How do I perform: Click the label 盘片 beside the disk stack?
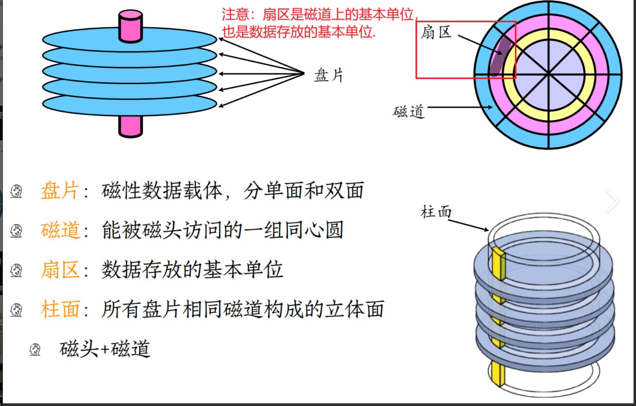tap(328, 75)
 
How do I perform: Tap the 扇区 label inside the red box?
tap(436, 32)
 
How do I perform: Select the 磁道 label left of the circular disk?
tap(408, 111)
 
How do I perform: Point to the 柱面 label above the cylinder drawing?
tap(436, 212)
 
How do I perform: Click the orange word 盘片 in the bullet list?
tap(60, 191)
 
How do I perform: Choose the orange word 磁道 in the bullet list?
tap(60, 230)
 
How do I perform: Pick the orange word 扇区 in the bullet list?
tap(60, 270)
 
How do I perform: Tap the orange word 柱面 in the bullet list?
tap(60, 309)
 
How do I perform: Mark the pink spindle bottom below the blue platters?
tap(130, 126)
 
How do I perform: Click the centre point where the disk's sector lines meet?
tap(548, 74)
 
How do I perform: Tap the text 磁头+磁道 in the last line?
tap(105, 349)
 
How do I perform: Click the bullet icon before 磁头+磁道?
tap(35, 350)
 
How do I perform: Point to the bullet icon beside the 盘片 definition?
tap(16, 191)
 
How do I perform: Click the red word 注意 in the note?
tap(235, 15)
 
